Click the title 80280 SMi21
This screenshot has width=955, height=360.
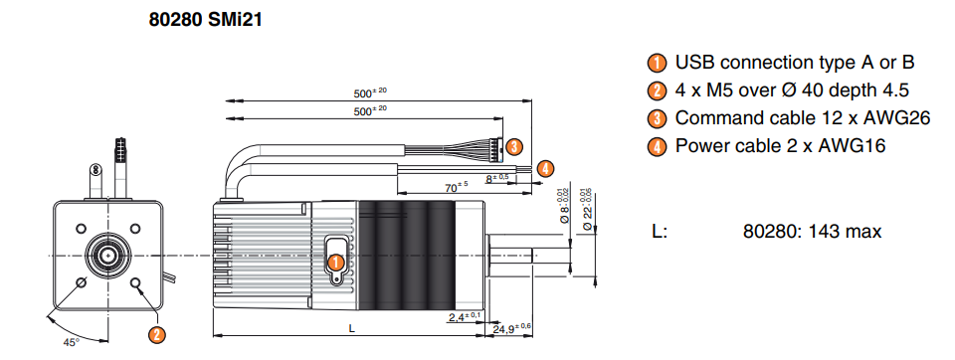[x=205, y=20]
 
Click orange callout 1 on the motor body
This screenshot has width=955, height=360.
[x=335, y=263]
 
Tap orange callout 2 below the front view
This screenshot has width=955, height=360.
[x=157, y=334]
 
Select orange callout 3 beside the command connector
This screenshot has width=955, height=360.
[x=514, y=147]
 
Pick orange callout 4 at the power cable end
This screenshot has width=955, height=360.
[x=546, y=167]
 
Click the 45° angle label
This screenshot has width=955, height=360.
[x=72, y=342]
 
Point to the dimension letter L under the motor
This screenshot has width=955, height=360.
[x=351, y=328]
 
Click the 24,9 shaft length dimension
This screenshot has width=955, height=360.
[x=511, y=328]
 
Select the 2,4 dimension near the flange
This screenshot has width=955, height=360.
[x=465, y=317]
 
